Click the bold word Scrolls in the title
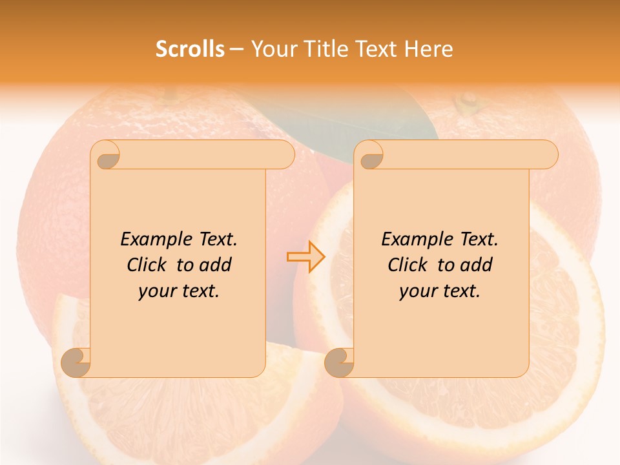coord(190,49)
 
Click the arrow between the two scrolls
coord(306,256)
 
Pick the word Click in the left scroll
coord(149,265)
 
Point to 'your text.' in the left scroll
coord(179,291)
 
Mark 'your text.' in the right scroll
coord(440,291)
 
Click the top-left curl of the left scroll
coord(106,155)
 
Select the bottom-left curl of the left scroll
coord(76,362)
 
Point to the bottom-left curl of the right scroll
coord(340,362)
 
